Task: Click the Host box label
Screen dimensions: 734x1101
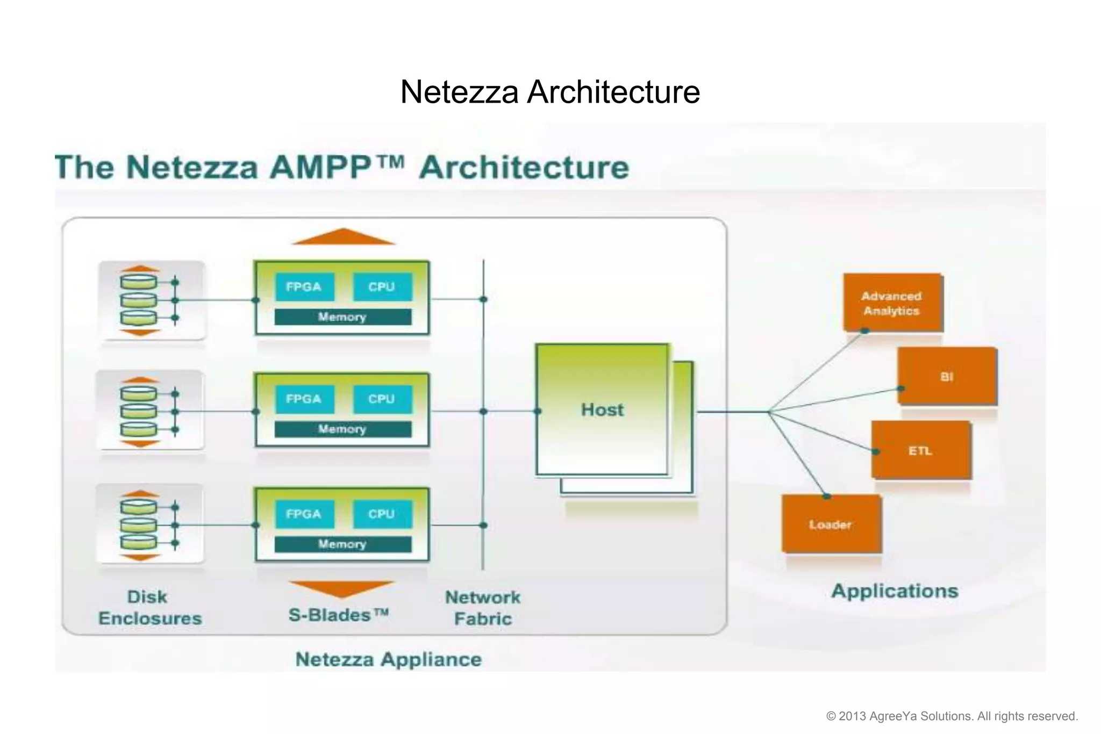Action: [x=602, y=409]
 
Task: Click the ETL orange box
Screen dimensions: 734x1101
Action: [x=920, y=450]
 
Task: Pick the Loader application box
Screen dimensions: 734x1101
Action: [x=831, y=524]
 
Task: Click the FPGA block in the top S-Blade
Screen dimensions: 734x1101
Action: [x=304, y=287]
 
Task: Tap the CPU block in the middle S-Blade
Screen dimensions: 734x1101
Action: [x=382, y=399]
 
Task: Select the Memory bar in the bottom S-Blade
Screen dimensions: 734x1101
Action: [x=342, y=544]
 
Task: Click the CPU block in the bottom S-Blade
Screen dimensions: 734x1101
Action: [x=382, y=514]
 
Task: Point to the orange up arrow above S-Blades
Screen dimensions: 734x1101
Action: [x=343, y=236]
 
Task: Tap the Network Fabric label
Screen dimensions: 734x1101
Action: [x=483, y=608]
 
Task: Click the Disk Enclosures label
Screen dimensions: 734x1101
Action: [x=149, y=608]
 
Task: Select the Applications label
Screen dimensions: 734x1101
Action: [x=895, y=591]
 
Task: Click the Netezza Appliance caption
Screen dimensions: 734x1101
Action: [x=388, y=659]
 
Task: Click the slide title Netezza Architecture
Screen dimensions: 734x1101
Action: [x=550, y=91]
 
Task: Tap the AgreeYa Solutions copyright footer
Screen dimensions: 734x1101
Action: [x=952, y=716]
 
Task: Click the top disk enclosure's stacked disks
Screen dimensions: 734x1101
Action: [x=139, y=300]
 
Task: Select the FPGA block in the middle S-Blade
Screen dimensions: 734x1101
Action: [x=304, y=399]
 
